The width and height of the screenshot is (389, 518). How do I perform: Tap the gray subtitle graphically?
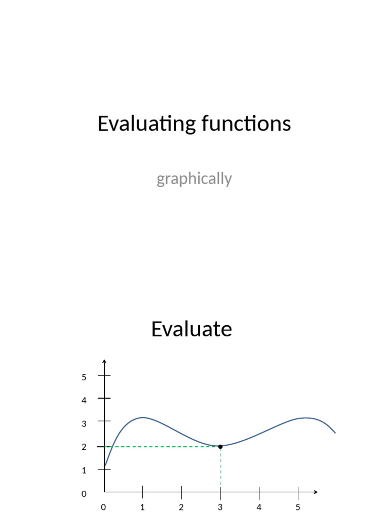194,179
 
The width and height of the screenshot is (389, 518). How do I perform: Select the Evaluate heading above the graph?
191,329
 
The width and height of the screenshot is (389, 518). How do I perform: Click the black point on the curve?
220,447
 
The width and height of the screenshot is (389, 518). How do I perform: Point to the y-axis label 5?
84,377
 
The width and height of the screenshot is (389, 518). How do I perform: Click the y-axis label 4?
84,400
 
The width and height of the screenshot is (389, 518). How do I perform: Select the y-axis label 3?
84,423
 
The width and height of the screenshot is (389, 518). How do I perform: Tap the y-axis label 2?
84,447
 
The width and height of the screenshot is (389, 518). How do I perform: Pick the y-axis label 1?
84,470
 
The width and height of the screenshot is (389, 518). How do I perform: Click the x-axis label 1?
142,507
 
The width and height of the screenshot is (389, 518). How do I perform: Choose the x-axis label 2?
181,507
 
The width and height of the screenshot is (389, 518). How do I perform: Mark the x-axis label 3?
220,507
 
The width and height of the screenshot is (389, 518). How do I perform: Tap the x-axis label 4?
259,507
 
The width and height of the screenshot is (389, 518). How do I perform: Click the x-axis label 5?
298,507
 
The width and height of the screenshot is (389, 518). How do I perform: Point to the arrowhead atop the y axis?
104,361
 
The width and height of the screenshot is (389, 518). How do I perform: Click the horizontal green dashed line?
162,447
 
